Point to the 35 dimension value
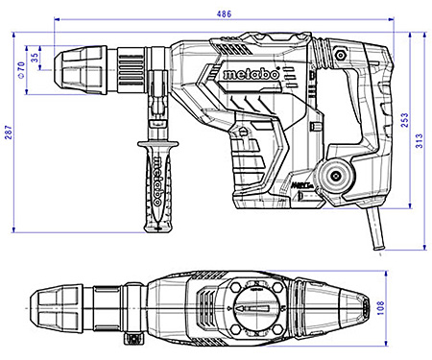[x=36, y=58]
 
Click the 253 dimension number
[x=404, y=119]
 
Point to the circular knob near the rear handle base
[x=335, y=177]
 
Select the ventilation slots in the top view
[x=205, y=308]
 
